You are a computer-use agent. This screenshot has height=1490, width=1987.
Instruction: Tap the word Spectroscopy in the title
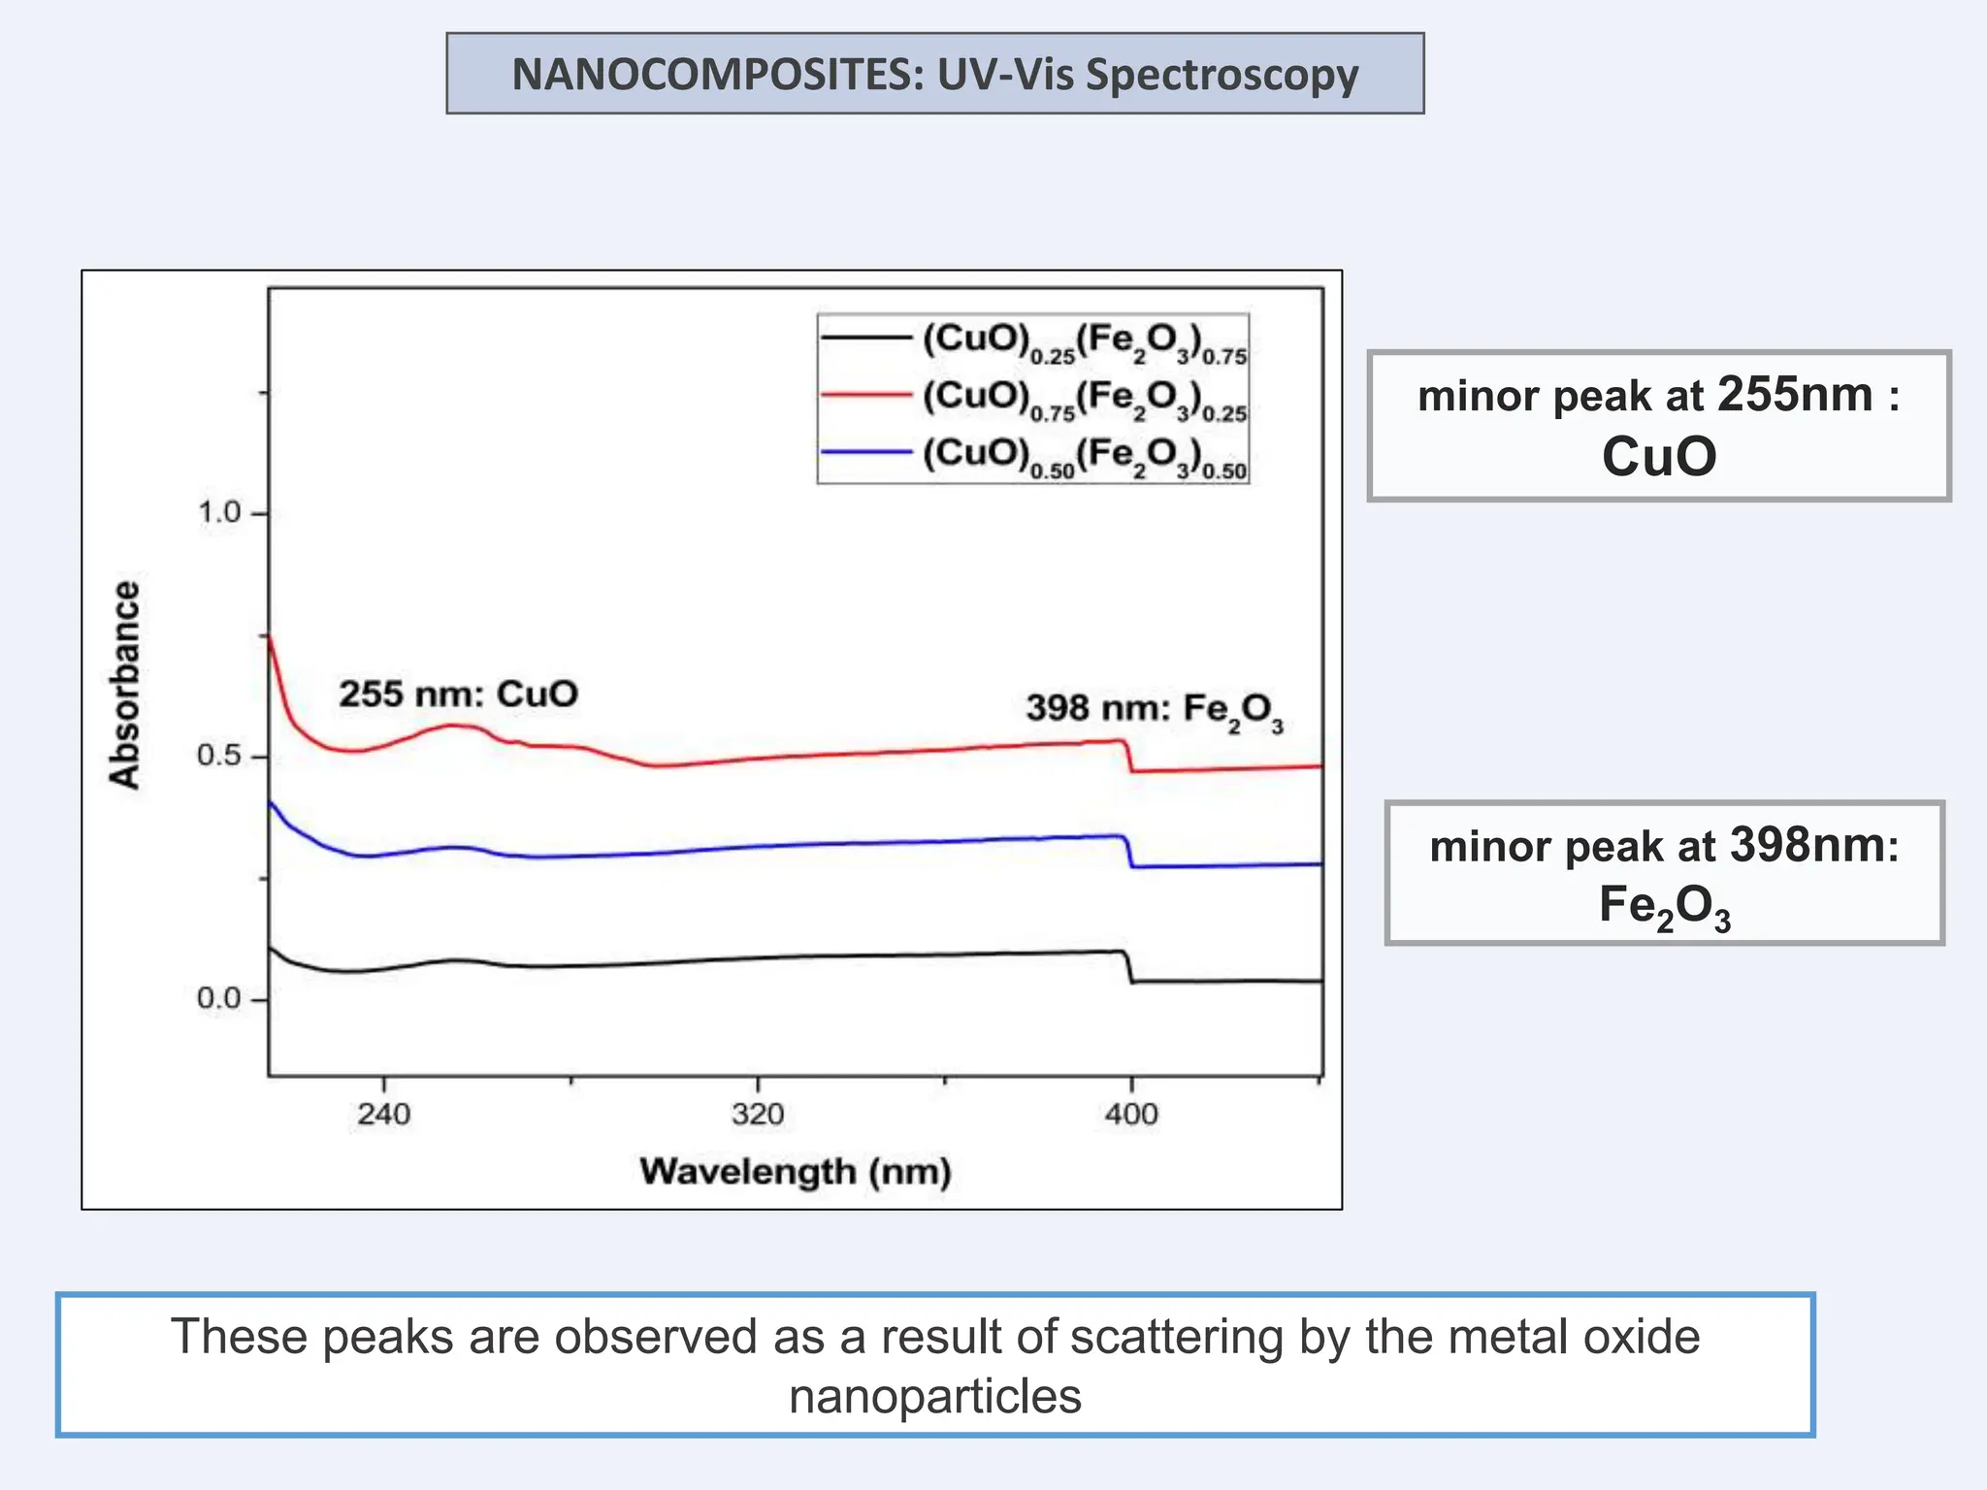click(x=1222, y=76)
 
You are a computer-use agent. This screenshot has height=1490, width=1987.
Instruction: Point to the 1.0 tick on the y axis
click(x=219, y=512)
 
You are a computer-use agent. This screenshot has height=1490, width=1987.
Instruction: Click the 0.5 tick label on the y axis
click(x=219, y=755)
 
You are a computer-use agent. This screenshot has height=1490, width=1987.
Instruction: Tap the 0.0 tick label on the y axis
click(x=219, y=997)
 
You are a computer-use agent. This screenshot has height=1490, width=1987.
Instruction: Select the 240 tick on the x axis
click(x=383, y=1113)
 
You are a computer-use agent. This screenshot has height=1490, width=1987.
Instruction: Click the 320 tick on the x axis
click(x=757, y=1113)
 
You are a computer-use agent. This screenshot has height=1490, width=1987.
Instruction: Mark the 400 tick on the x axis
click(x=1131, y=1113)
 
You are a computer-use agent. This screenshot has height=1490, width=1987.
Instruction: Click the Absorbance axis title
click(x=125, y=685)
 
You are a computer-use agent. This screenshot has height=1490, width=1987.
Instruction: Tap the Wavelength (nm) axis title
click(x=795, y=1171)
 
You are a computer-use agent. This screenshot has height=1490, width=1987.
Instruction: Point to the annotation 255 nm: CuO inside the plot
click(x=458, y=694)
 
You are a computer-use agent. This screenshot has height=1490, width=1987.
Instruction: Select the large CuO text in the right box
click(x=1658, y=456)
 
